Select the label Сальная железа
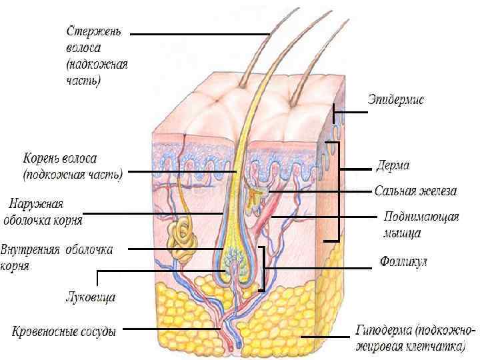coord(415,191)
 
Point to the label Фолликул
coord(403,261)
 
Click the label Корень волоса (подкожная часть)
coord(70,167)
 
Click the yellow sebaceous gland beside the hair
coord(256,197)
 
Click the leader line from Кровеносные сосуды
coord(170,329)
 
